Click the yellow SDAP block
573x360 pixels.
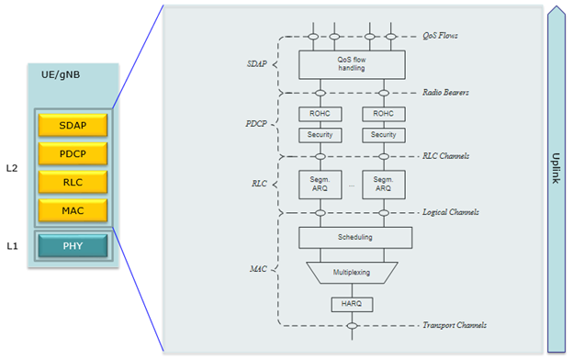(73, 125)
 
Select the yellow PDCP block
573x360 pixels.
(73, 152)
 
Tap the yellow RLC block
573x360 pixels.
(73, 181)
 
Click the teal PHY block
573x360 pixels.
(73, 245)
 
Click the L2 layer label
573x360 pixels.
(12, 168)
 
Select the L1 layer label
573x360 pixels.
(12, 245)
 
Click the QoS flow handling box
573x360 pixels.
(353, 64)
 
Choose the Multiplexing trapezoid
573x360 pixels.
(353, 273)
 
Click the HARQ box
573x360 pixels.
(353, 304)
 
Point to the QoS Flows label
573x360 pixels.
(440, 36)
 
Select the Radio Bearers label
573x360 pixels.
(446, 93)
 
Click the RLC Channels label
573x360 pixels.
(445, 156)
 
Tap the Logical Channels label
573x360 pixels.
(450, 212)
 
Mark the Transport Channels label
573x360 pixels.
(453, 325)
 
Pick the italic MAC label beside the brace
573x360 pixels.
(258, 269)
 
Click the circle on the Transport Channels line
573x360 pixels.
(353, 325)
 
